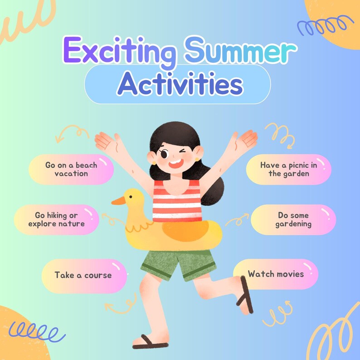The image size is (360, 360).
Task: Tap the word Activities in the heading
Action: click(x=179, y=84)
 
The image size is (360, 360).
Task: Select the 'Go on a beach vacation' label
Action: click(x=71, y=169)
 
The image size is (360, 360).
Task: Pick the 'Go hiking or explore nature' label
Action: click(x=57, y=219)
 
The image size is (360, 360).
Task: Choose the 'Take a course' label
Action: click(x=83, y=275)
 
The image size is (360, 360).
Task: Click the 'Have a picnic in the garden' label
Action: click(x=289, y=169)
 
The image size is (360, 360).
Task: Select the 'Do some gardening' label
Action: click(x=294, y=219)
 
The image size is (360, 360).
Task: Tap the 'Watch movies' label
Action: click(x=276, y=274)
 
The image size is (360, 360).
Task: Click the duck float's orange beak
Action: click(x=118, y=201)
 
